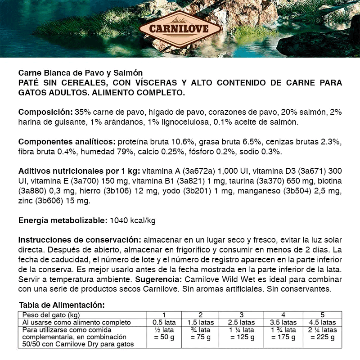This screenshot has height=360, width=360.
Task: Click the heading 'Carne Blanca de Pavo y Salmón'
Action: (81, 73)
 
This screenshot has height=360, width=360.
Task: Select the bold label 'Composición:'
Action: (45, 112)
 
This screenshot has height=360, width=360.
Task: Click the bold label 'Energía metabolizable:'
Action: (62, 221)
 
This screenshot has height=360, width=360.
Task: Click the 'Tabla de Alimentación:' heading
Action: (62, 305)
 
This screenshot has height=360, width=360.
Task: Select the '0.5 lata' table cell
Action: (164, 322)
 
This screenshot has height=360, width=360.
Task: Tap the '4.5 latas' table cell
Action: (322, 322)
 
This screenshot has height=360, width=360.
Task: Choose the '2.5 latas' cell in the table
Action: (241, 322)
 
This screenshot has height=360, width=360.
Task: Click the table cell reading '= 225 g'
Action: (322, 337)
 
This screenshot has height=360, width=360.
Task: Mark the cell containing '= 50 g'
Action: (164, 337)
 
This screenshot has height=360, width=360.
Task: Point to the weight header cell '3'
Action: (241, 315)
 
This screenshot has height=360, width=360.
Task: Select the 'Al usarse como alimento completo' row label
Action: (76, 322)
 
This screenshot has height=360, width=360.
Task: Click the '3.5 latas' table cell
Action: (283, 322)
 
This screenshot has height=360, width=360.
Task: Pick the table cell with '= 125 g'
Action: (241, 337)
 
